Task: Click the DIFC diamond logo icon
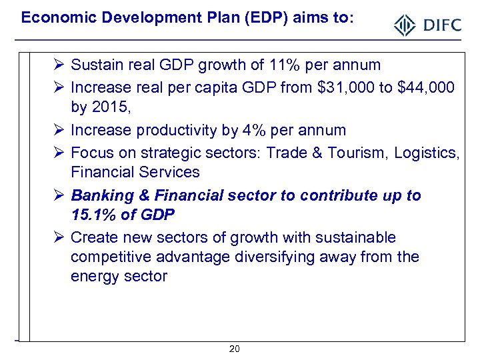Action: pyautogui.click(x=405, y=26)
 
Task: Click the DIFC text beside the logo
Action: pyautogui.click(x=441, y=26)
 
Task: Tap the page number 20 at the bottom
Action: pyautogui.click(x=234, y=349)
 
